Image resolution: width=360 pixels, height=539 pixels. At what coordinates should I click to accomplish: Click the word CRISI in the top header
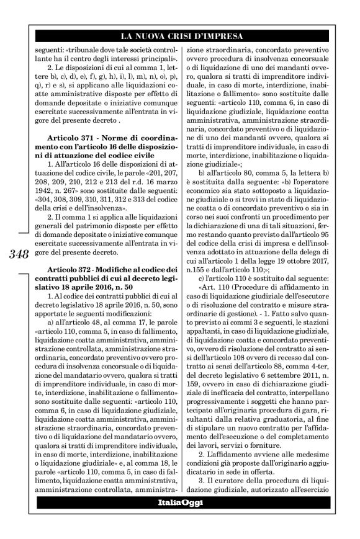click(x=193, y=36)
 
